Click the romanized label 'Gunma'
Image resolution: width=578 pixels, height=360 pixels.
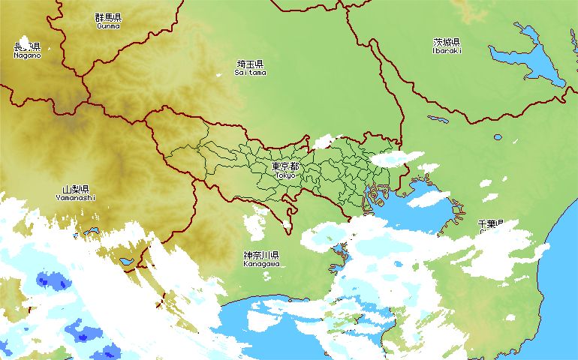(x=108, y=25)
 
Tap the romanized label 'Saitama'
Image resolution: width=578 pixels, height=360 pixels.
(x=250, y=73)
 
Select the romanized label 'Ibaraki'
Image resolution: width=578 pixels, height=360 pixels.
(x=447, y=51)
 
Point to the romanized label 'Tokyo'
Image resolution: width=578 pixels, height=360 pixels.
(x=285, y=175)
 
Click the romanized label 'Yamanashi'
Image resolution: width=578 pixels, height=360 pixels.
(x=76, y=198)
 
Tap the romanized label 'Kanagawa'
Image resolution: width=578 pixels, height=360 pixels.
(x=261, y=264)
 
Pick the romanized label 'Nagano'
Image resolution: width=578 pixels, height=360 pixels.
(x=27, y=55)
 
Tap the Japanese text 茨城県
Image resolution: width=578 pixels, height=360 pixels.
(x=447, y=42)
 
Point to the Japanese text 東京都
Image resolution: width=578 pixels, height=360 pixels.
(x=285, y=166)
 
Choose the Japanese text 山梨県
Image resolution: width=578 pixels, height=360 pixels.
(x=76, y=190)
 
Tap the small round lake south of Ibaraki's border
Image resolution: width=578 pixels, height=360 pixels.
(x=498, y=138)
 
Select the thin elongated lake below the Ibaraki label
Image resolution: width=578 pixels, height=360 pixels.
(x=438, y=118)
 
